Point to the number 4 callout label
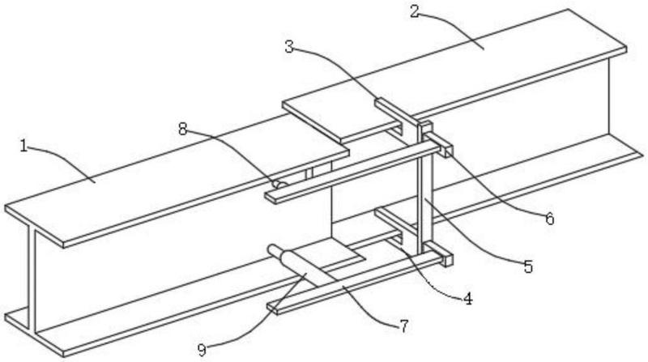(467, 297)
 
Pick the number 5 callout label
(528, 266)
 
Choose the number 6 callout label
(549, 218)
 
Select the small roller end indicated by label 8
(277, 185)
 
